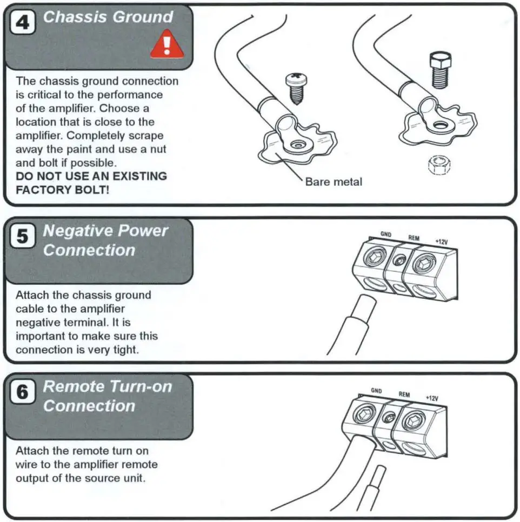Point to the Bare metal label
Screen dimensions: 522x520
pos(334,182)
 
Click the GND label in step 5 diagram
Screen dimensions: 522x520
pos(386,235)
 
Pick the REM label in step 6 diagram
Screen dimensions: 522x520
pos(404,394)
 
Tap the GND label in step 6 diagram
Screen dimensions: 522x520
pos(377,390)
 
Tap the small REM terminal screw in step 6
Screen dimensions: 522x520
pos(388,418)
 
